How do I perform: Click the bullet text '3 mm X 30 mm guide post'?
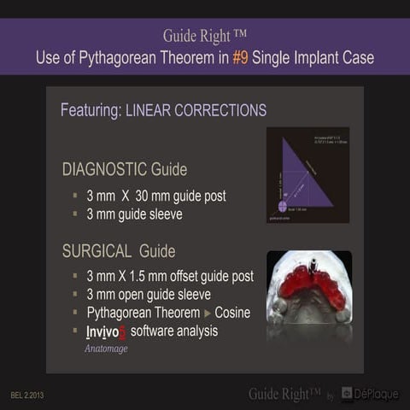click(155, 196)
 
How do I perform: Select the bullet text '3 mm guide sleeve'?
click(134, 214)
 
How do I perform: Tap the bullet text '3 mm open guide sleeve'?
click(150, 295)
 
